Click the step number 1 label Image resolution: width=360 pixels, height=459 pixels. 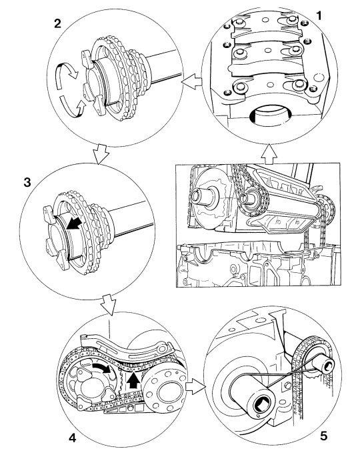pyautogui.click(x=319, y=15)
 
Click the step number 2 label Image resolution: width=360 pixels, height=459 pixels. pyautogui.click(x=58, y=23)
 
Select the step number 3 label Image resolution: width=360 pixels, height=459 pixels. pyautogui.click(x=27, y=183)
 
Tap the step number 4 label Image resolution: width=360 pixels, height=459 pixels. pyautogui.click(x=72, y=438)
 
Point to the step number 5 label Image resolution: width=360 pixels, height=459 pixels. pyautogui.click(x=324, y=436)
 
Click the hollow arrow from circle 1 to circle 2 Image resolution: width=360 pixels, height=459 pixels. pyautogui.click(x=191, y=80)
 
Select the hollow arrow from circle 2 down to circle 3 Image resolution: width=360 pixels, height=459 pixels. pyautogui.click(x=101, y=154)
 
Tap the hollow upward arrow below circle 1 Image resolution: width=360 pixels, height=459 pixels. pyautogui.click(x=269, y=153)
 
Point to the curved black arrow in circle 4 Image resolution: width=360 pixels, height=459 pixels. pyautogui.click(x=103, y=368)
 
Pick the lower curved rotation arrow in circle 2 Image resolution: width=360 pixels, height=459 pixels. pyautogui.click(x=72, y=107)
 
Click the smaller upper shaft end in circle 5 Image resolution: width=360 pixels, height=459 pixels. pyautogui.click(x=323, y=364)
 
